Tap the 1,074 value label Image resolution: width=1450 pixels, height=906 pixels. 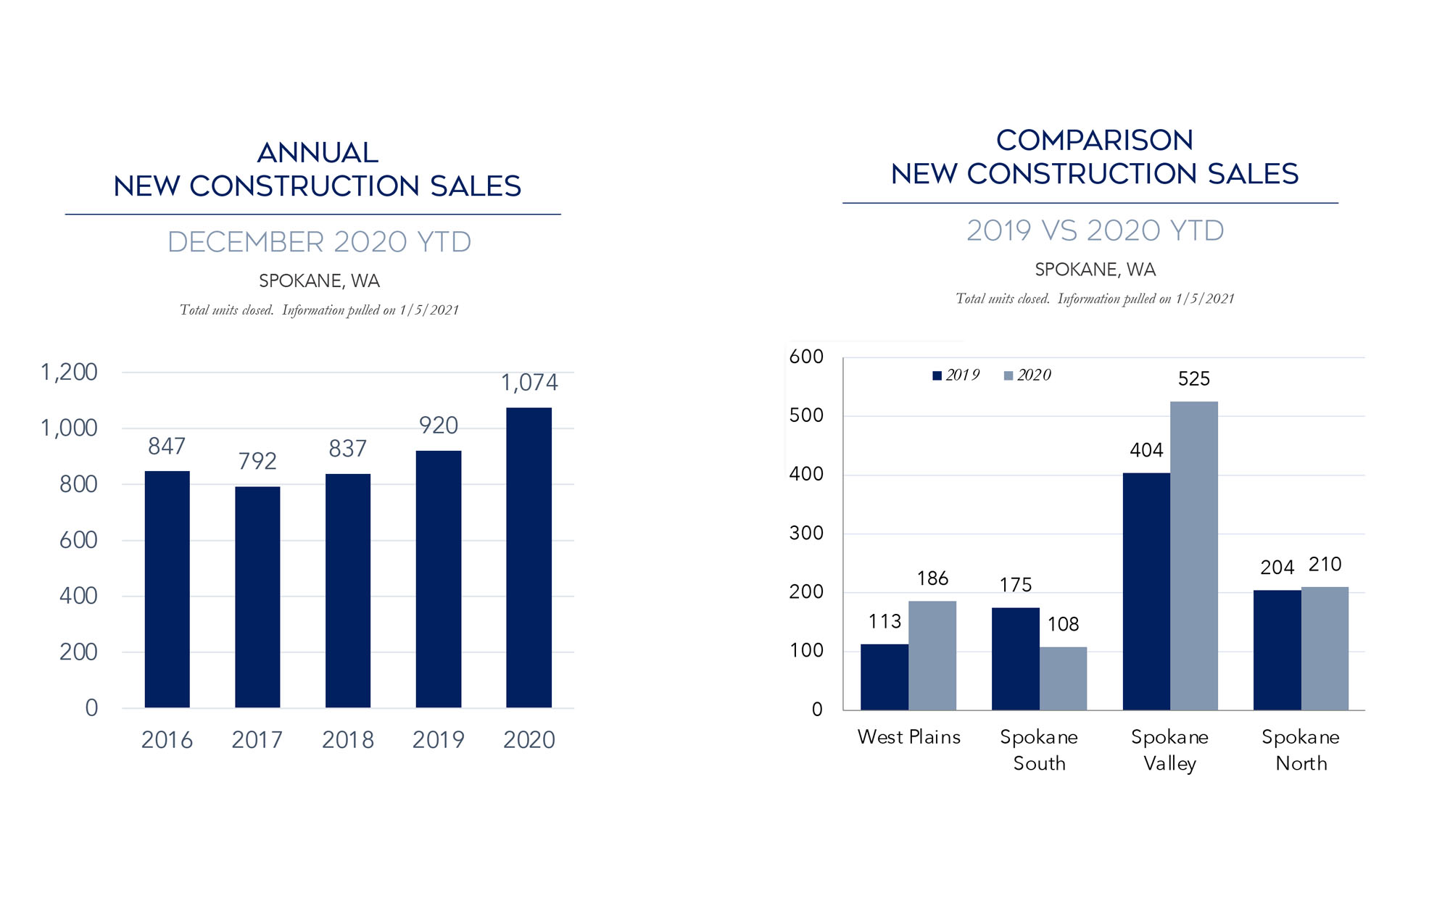(529, 382)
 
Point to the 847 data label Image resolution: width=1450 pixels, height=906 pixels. (167, 446)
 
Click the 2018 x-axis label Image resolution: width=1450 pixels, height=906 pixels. (348, 739)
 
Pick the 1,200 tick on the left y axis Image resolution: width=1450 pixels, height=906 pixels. (69, 372)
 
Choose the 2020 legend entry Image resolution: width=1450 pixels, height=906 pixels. (1027, 375)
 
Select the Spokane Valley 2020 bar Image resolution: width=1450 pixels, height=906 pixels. (1193, 555)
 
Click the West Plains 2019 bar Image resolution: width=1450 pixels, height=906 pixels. (884, 676)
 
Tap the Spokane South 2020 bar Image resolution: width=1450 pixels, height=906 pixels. (1063, 678)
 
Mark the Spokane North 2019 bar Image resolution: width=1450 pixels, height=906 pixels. (1277, 649)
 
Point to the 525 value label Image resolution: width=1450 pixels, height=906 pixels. (1193, 378)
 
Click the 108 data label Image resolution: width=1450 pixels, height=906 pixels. (1063, 624)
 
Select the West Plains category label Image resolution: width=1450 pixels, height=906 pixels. (908, 737)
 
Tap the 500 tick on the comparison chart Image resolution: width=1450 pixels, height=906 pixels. (806, 415)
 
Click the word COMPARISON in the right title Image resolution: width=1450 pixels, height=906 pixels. (1094, 140)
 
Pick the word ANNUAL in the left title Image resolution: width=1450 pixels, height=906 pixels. (318, 152)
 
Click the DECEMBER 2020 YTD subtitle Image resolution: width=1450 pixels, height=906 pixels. (319, 242)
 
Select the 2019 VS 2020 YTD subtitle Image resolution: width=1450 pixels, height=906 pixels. (1095, 230)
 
